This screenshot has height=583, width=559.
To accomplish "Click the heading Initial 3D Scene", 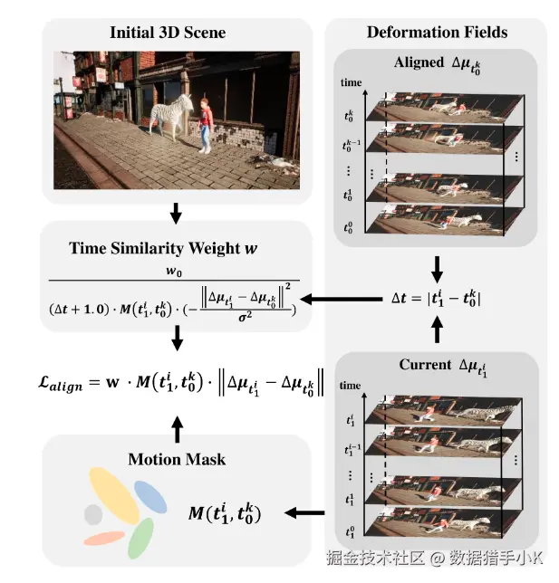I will click(x=168, y=33).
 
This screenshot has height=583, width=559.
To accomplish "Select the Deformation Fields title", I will click(x=437, y=33).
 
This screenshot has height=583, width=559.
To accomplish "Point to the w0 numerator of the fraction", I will click(x=171, y=272).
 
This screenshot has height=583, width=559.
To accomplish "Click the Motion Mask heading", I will click(x=178, y=459).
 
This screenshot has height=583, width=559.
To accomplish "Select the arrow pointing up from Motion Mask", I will click(x=178, y=425).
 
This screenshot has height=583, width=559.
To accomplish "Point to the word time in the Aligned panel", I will click(x=352, y=82).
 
